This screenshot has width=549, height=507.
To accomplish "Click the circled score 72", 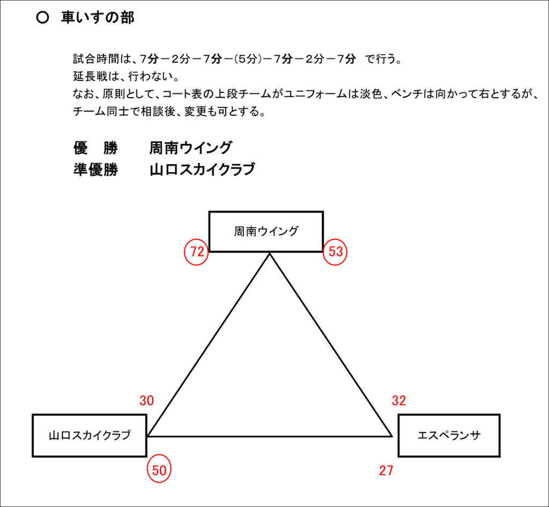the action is (x=196, y=252).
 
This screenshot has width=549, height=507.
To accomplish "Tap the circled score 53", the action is (x=335, y=252).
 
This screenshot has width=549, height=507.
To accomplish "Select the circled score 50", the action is (x=159, y=470).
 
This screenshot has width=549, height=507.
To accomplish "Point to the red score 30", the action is (x=147, y=400).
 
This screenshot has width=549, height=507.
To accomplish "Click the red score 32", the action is (x=399, y=400).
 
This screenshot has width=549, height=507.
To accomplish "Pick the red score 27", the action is (x=386, y=471).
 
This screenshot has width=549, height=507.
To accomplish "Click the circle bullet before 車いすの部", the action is (x=42, y=18).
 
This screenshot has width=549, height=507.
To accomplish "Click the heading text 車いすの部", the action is (x=98, y=18).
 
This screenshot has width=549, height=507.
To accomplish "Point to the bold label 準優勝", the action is (x=95, y=170).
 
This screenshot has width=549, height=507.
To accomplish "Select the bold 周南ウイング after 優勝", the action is (x=190, y=148).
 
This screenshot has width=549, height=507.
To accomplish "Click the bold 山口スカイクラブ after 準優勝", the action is (x=202, y=170).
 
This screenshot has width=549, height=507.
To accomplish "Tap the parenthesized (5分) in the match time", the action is (x=248, y=59).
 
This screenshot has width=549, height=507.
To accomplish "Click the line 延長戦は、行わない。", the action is (x=126, y=76).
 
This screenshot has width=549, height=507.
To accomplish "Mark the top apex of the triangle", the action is (x=270, y=253).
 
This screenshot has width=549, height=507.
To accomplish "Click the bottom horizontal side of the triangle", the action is (x=270, y=436).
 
